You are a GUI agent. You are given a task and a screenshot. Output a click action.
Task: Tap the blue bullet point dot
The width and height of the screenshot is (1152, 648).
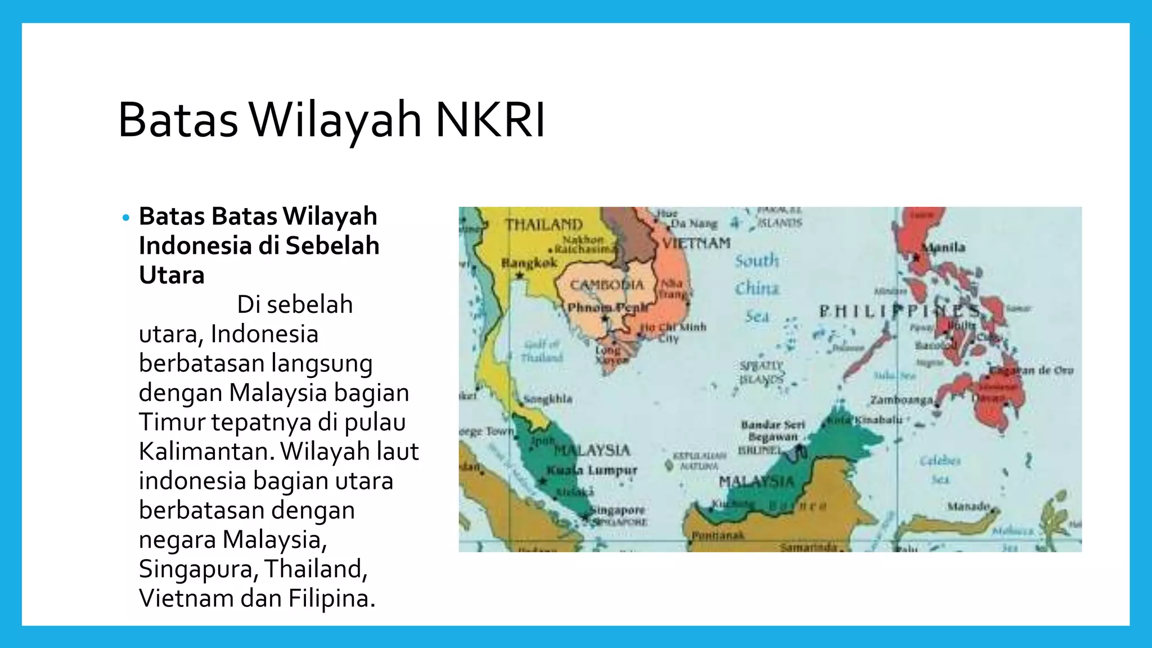coord(125,218)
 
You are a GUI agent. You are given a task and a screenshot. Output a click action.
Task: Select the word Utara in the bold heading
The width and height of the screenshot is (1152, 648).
coord(172,275)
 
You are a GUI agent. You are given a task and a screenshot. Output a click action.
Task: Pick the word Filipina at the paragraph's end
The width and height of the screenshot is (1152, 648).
coord(331,598)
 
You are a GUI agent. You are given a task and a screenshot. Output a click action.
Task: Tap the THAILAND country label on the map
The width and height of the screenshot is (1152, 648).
coord(543,224)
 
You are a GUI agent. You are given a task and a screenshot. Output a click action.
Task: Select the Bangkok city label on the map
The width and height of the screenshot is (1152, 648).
coord(529,263)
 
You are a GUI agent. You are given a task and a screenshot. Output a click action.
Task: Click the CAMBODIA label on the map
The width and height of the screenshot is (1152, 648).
coord(606,285)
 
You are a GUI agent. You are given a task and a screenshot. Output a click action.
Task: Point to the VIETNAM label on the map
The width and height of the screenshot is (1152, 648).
coord(696,244)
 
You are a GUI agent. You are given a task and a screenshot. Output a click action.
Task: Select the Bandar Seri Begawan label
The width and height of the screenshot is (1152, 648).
coord(773,430)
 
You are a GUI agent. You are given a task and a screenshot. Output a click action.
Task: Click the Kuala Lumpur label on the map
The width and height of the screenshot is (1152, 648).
coord(592,470)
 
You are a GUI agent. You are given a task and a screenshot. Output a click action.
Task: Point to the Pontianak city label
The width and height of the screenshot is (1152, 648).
coord(718,535)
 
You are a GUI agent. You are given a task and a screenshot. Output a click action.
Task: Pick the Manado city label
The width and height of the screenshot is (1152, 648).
coord(968,506)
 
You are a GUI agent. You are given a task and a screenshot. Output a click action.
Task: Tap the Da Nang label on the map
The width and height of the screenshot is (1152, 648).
coord(693,223)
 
